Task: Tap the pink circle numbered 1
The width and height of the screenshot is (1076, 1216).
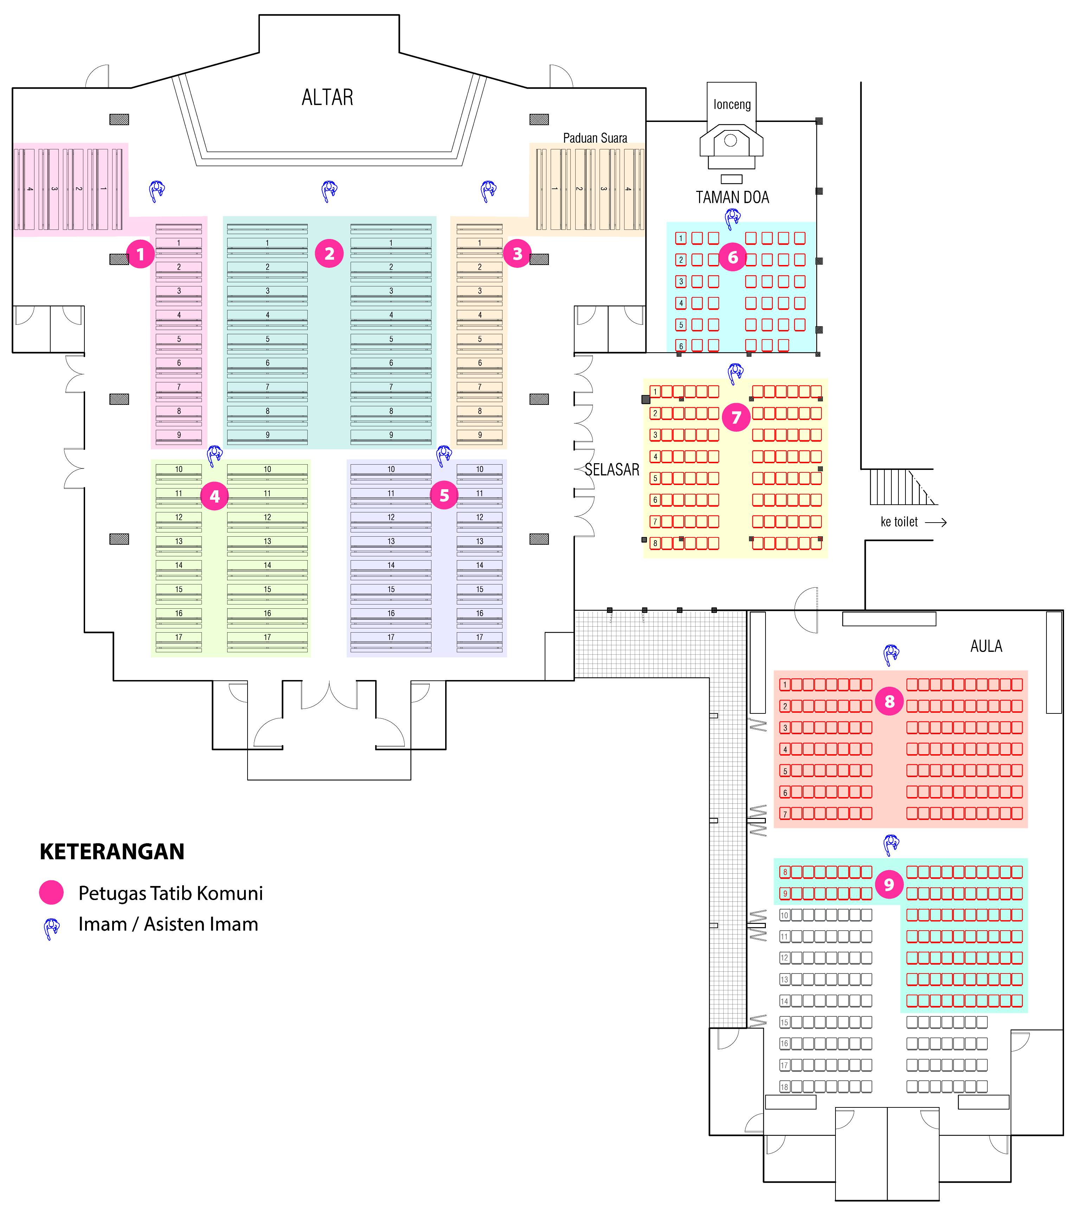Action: (140, 254)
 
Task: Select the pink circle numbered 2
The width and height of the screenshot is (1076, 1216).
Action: (329, 253)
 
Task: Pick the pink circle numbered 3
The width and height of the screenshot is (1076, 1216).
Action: (517, 253)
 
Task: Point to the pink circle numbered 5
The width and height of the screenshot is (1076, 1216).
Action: (444, 496)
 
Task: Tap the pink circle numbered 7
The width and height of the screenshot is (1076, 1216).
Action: (736, 417)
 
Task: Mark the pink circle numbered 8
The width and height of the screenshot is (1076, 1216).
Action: (889, 701)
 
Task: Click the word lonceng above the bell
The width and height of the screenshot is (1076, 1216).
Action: (732, 105)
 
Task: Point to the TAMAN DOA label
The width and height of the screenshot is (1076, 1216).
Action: (732, 198)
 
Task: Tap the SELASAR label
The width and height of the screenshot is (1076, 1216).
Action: (612, 470)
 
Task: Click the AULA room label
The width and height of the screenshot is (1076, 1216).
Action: (986, 646)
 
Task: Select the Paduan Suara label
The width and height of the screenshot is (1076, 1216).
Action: (595, 138)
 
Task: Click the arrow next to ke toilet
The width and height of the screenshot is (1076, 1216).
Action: (936, 522)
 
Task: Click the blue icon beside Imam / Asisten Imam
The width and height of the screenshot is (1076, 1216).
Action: (52, 928)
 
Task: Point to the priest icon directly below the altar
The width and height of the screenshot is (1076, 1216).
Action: (329, 191)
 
